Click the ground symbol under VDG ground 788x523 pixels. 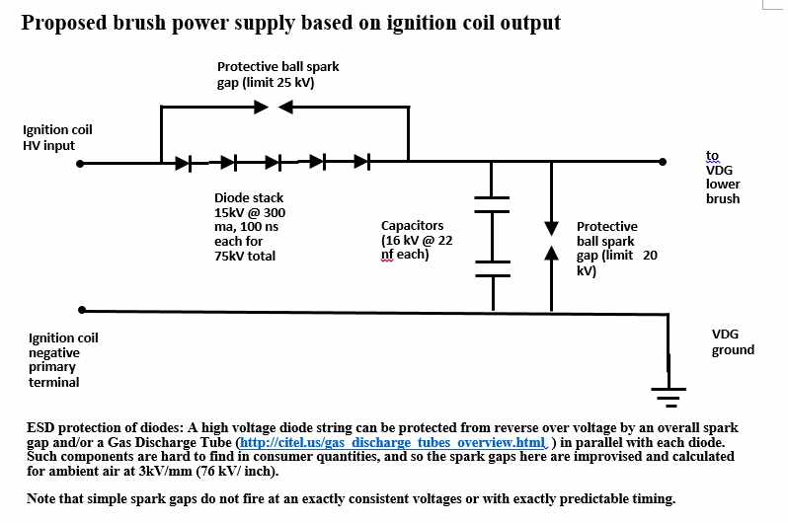click(669, 392)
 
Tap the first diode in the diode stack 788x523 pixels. click(184, 162)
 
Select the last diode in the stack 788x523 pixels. click(362, 162)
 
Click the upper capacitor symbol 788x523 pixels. click(491, 203)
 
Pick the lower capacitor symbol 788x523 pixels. click(491, 267)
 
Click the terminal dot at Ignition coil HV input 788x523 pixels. click(82, 162)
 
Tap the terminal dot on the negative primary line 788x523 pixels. click(82, 309)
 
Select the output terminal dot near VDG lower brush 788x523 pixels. click(659, 162)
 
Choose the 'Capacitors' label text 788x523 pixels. click(413, 225)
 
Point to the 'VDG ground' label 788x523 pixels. click(733, 341)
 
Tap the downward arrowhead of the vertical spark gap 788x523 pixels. click(551, 224)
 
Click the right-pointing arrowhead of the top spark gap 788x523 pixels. click(259, 106)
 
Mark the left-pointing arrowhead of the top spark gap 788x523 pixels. click(285, 106)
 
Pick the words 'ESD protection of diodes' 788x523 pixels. click(108, 427)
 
